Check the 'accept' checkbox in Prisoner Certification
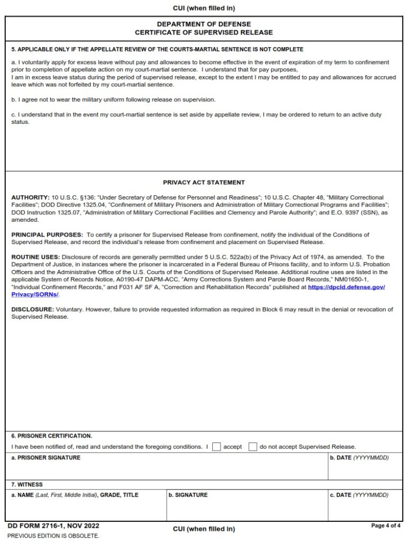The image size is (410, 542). coord(216,446)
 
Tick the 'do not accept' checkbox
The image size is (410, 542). coord(253,446)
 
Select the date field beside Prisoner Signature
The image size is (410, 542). coord(366,469)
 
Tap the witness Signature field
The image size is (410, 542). coord(247,508)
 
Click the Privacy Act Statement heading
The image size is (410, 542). coord(204,183)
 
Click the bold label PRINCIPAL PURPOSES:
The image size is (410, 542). coord(47,234)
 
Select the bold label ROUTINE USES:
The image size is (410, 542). coord(35,257)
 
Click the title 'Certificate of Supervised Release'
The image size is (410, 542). coord(204,32)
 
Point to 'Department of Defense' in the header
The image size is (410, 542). coord(204,24)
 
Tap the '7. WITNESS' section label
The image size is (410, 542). coord(27,484)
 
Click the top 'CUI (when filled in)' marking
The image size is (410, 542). coord(204,8)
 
